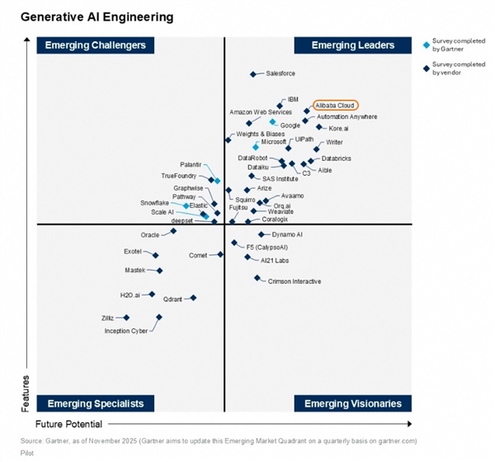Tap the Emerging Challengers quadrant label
(x=96, y=45)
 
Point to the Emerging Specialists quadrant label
(x=96, y=403)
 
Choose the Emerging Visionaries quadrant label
(x=353, y=403)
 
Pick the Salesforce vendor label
(x=280, y=74)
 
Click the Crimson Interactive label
(x=295, y=281)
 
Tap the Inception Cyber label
(x=126, y=331)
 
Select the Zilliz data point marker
(x=127, y=317)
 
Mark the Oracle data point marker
(x=173, y=231)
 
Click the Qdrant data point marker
(x=193, y=298)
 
